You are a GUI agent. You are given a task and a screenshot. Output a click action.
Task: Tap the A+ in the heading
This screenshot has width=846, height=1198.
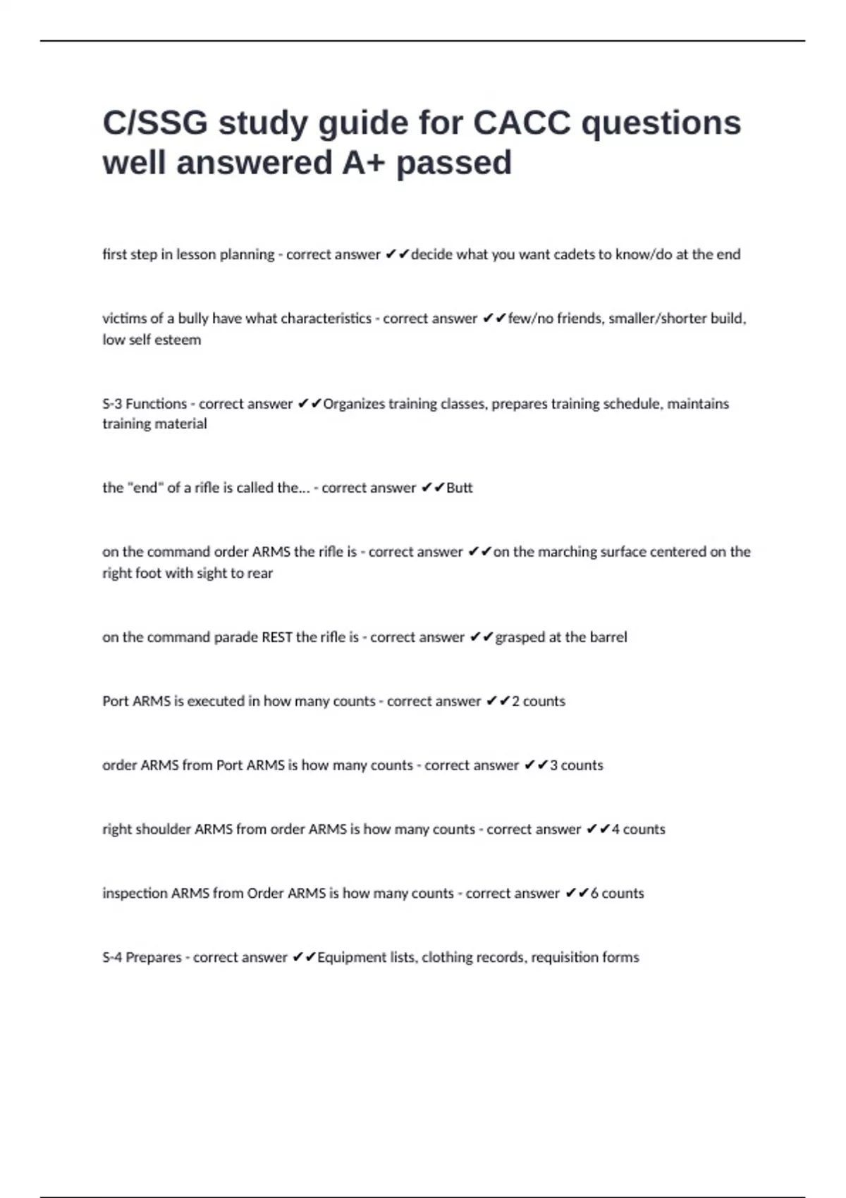tap(363, 163)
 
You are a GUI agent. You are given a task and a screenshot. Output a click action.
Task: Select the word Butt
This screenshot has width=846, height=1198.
tap(460, 488)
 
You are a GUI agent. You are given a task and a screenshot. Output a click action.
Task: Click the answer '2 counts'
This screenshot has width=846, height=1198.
tap(539, 701)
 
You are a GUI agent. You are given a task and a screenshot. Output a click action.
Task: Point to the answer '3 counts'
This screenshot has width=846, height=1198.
tap(577, 765)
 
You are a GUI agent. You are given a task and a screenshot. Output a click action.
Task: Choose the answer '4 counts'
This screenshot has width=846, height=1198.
tap(639, 829)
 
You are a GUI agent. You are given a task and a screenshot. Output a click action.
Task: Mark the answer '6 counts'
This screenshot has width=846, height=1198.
tap(618, 894)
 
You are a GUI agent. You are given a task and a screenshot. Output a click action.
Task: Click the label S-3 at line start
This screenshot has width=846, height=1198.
tap(112, 404)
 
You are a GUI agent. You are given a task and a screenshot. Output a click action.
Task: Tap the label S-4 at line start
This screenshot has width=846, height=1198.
tap(112, 958)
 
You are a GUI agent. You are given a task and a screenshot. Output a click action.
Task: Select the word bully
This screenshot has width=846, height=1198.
tap(193, 319)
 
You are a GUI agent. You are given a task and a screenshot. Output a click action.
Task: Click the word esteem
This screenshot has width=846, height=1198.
tap(179, 340)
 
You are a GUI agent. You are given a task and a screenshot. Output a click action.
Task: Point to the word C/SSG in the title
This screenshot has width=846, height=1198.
tap(156, 123)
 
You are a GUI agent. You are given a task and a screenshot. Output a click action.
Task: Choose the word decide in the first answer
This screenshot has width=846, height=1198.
tap(431, 254)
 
